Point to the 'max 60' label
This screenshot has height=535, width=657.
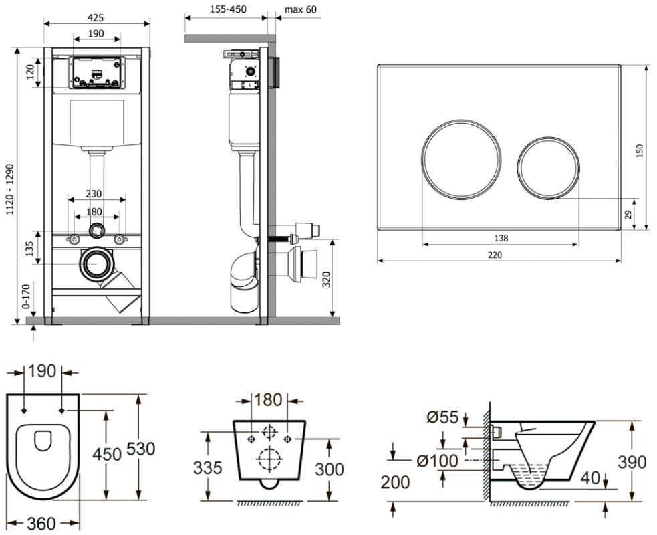[301, 10]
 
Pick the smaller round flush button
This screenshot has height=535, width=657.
[546, 167]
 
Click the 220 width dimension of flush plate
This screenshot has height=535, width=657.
[495, 255]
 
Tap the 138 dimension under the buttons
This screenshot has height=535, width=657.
[500, 239]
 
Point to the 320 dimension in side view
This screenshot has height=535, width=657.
[326, 278]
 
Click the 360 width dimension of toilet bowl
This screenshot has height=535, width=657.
[41, 524]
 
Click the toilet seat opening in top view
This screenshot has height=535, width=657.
[43, 441]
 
